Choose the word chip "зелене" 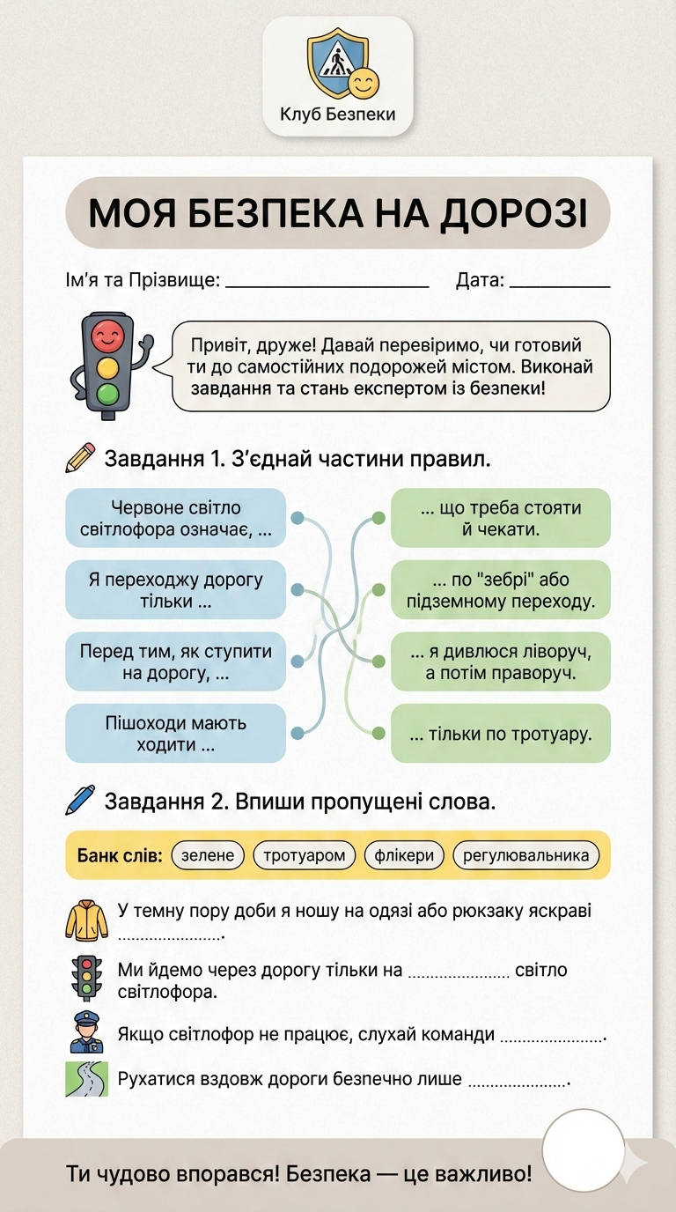coord(209,855)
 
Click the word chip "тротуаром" coord(305,855)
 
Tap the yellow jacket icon coord(86,919)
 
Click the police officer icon coord(86,1031)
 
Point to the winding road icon coord(86,1079)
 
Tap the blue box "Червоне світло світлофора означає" coord(176,518)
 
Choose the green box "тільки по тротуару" coord(500,733)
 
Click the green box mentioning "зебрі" coord(500,590)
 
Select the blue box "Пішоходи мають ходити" coord(176,733)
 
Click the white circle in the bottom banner coord(583,1150)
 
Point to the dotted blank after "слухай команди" coord(552,1038)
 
